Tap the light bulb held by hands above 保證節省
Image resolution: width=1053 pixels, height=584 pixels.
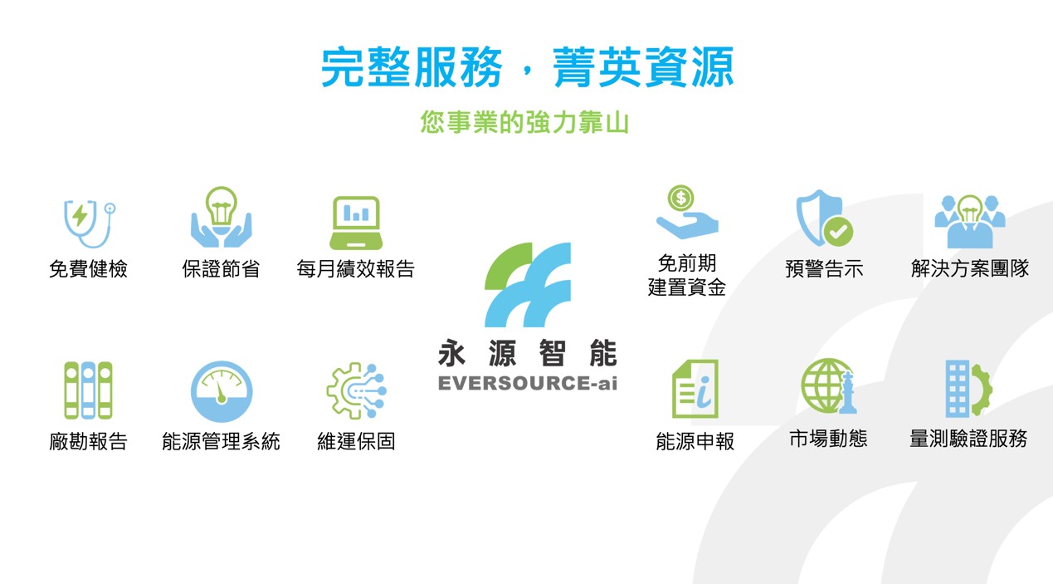[221, 206]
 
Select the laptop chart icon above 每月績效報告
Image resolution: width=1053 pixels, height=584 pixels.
[356, 223]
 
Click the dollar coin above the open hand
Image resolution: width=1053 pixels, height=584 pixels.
[680, 198]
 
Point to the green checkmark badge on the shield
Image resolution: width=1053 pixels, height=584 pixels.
[838, 232]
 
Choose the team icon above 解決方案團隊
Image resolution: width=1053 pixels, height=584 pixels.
[970, 221]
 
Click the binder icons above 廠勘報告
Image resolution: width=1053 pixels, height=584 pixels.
[89, 390]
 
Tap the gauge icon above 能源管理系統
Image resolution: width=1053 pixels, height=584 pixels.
[222, 391]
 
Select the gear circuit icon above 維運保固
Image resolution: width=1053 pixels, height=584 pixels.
[356, 390]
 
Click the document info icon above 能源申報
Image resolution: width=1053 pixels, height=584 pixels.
[695, 389]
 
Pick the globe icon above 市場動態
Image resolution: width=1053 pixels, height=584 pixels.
[828, 386]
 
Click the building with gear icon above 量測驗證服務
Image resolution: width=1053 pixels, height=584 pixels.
[969, 389]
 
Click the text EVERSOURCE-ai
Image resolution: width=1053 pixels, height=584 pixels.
[528, 383]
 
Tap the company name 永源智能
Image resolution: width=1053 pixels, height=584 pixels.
[528, 353]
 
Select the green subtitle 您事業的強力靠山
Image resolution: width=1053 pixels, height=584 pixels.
[524, 122]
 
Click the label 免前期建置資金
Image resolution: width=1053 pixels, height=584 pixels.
[687, 275]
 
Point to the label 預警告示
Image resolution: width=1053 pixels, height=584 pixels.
[824, 268]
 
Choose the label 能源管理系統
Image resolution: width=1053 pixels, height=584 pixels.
[221, 441]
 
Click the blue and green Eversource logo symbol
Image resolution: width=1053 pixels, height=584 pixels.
[528, 285]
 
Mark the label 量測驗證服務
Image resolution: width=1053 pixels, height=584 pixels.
[968, 439]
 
